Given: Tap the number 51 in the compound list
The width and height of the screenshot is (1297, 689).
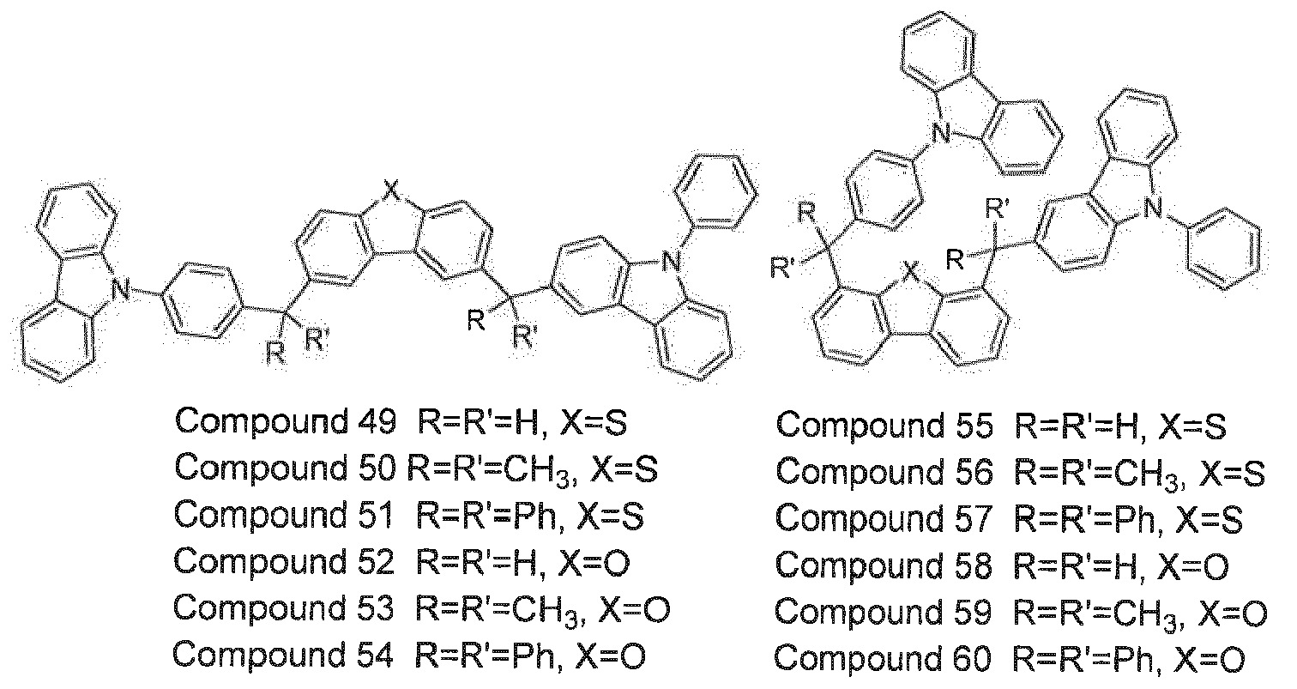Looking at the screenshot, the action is click(x=372, y=515).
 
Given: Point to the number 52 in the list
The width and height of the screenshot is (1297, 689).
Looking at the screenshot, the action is click(x=373, y=561).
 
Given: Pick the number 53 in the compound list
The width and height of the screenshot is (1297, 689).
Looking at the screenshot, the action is click(x=372, y=608).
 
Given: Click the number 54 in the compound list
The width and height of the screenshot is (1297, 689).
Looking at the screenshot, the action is click(x=372, y=655).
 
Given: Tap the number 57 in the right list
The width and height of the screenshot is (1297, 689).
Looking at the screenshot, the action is click(x=972, y=518).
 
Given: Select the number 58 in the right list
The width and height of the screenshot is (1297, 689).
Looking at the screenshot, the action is click(x=972, y=565).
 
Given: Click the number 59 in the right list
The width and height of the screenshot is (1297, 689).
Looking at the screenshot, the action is click(x=971, y=612).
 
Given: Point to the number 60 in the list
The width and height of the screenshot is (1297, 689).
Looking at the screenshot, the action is click(x=971, y=659).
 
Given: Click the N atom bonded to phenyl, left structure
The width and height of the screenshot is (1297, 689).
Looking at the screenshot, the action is click(x=672, y=263).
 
